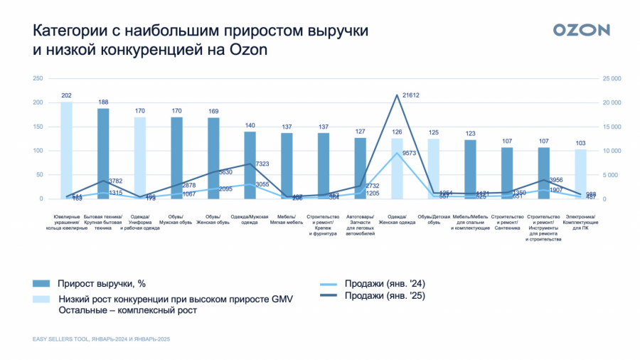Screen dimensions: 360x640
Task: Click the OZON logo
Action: (x=581, y=30)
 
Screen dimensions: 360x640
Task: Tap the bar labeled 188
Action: (x=103, y=154)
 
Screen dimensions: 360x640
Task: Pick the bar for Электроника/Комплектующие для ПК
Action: (x=580, y=174)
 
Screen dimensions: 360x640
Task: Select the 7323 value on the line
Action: (x=262, y=164)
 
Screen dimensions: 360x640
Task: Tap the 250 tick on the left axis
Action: (x=38, y=78)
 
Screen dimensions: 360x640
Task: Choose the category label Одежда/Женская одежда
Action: (x=397, y=219)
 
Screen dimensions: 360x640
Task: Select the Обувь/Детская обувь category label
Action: (x=434, y=219)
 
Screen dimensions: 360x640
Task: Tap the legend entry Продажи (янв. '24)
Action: (x=385, y=283)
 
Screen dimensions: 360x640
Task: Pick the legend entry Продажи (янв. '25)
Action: (x=385, y=297)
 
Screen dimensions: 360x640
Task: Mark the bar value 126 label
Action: (x=397, y=132)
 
